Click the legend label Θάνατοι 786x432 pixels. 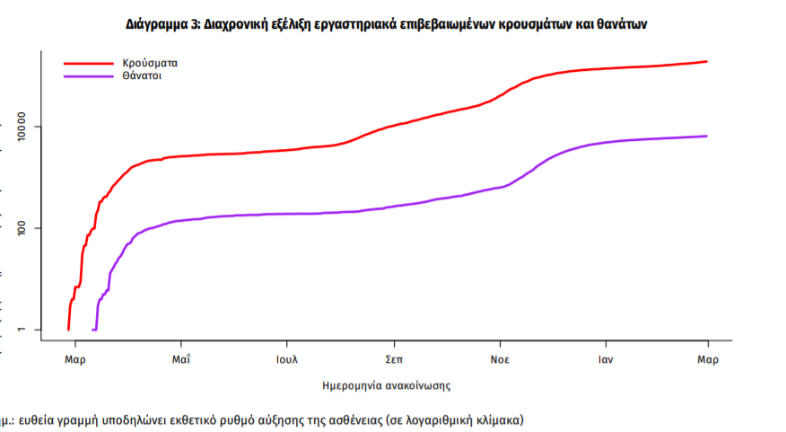143,76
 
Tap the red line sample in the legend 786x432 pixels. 87,64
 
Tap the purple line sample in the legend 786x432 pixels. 87,76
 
